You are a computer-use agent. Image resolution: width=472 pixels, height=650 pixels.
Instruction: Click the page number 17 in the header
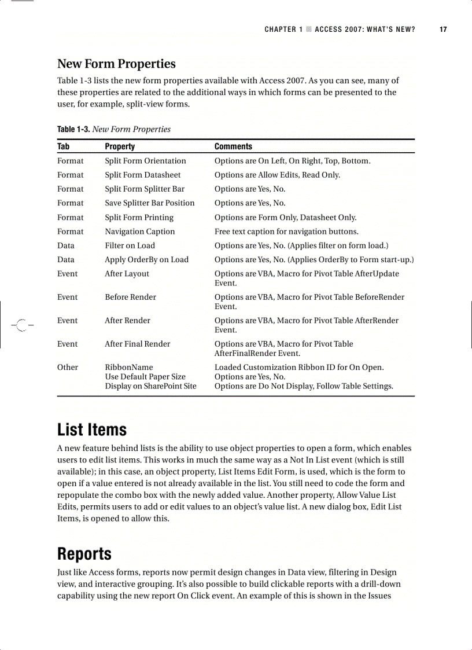(443, 30)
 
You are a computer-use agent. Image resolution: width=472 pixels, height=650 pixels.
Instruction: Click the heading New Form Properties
(116, 64)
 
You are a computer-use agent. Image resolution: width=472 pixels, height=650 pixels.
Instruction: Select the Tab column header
(63, 146)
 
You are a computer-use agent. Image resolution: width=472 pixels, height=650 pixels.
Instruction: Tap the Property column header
(120, 146)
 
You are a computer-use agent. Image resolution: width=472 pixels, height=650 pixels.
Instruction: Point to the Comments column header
(233, 146)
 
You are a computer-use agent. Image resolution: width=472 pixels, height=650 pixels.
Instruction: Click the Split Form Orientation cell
(145, 161)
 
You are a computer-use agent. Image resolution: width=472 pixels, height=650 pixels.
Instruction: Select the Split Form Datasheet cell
(142, 175)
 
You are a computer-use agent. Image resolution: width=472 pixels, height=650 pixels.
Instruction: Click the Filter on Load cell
(130, 245)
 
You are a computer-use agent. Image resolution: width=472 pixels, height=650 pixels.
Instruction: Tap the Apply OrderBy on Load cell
(146, 260)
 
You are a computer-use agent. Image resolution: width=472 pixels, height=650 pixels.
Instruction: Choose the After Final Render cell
(137, 344)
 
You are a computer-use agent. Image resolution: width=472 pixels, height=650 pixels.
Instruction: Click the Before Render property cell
(130, 297)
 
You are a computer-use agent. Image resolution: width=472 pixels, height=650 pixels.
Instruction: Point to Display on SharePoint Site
(150, 386)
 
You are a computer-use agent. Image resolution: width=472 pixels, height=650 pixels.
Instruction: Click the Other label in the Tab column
(67, 368)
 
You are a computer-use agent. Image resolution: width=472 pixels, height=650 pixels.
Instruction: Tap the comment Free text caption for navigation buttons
(286, 232)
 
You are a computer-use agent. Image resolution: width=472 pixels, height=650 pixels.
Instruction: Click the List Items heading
(91, 430)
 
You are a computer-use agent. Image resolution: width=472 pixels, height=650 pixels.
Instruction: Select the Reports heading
(84, 554)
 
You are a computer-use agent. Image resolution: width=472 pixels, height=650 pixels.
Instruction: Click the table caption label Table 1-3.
(73, 129)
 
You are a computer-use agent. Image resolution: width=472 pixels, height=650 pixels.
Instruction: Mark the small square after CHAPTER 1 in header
(309, 30)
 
